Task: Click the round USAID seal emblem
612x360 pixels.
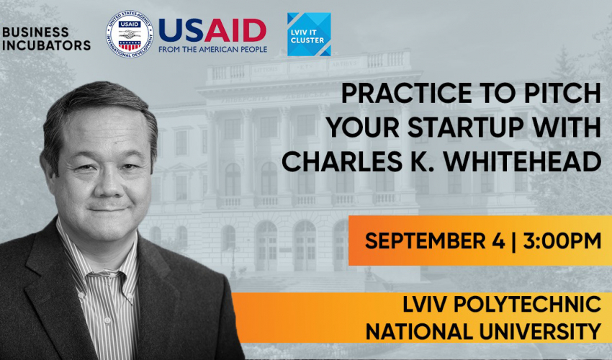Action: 130,35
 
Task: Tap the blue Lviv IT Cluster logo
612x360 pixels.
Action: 309,35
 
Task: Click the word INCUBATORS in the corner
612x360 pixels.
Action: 47,45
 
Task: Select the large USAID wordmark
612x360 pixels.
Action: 212,31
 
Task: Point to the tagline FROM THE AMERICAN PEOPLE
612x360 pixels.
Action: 212,50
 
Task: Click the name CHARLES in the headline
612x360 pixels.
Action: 342,161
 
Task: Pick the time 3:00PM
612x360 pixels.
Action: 562,240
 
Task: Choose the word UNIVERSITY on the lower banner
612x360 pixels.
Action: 540,332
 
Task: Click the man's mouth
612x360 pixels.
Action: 107,210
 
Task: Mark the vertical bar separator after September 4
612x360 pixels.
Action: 513,240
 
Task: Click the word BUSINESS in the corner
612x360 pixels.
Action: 35,32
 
